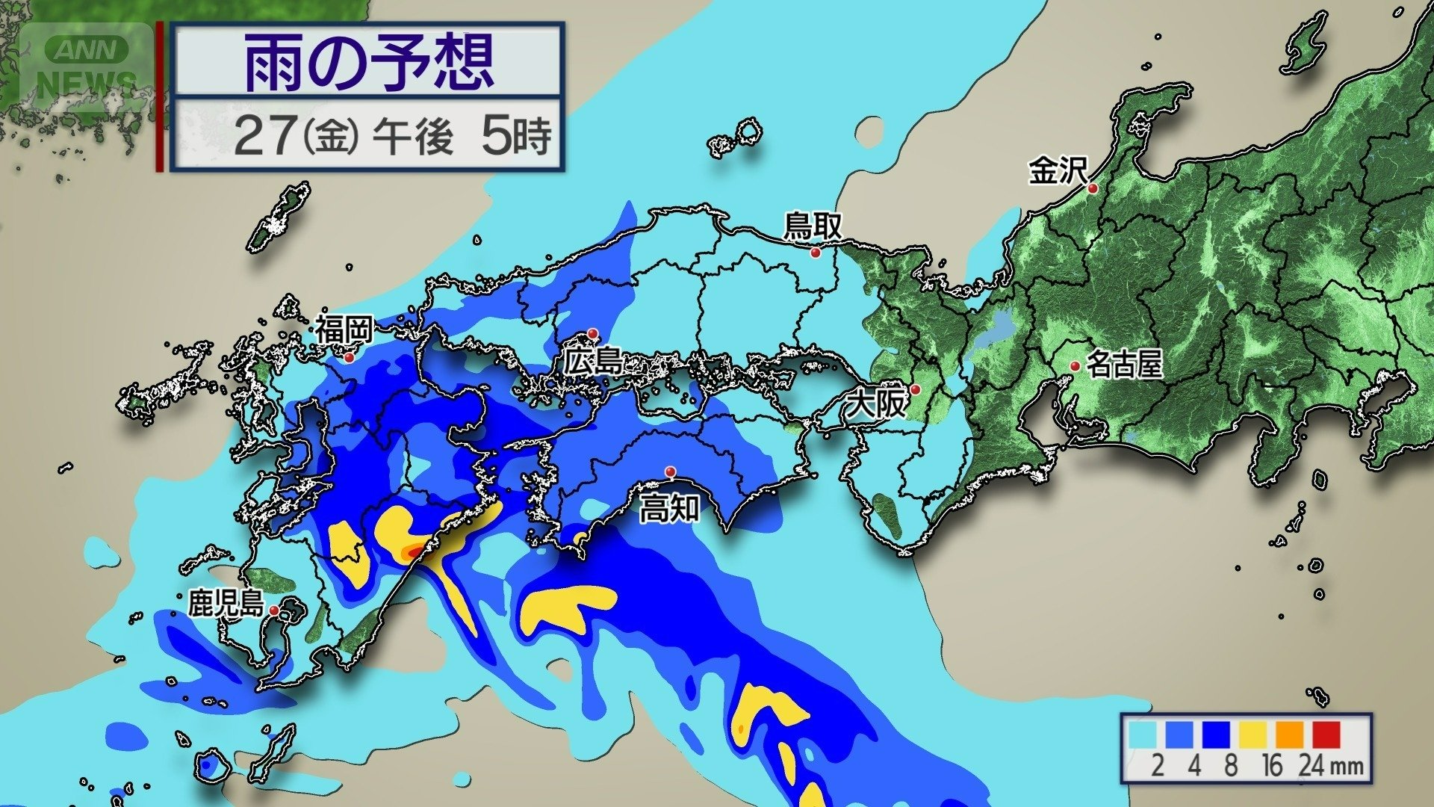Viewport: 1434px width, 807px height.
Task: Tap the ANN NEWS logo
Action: (x=87, y=66)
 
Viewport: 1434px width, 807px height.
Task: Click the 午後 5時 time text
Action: (x=461, y=137)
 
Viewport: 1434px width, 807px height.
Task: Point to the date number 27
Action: (x=264, y=137)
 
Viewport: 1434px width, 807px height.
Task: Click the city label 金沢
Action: (x=1056, y=171)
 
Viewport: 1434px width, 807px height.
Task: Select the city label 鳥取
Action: (x=812, y=226)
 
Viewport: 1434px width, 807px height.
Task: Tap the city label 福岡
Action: (x=343, y=330)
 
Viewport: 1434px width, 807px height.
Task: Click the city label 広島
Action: (x=594, y=362)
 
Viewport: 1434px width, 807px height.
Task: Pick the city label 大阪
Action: (x=875, y=404)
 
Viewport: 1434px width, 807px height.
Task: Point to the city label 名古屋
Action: (x=1124, y=365)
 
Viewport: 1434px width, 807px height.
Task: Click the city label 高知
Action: (x=669, y=509)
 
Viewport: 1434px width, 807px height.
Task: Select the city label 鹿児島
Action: (x=226, y=602)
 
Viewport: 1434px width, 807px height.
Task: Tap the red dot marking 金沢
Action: (x=1093, y=188)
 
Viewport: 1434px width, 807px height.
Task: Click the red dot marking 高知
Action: (x=671, y=471)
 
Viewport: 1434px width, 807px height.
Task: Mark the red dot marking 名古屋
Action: (x=1075, y=366)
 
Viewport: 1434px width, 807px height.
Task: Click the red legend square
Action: (x=1326, y=734)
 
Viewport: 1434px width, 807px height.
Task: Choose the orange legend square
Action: (x=1289, y=734)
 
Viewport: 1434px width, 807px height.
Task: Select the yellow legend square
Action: (x=1253, y=734)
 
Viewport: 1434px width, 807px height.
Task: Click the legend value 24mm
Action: (x=1331, y=766)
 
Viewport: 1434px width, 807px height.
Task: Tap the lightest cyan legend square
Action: (x=1143, y=734)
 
